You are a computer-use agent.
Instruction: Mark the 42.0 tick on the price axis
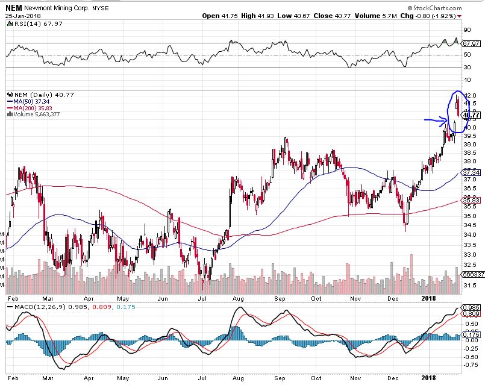click(x=471, y=96)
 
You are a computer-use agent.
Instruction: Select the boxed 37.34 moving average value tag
click(x=471, y=172)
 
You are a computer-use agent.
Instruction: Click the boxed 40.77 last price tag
click(x=471, y=115)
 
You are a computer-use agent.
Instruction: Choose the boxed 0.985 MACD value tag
click(x=471, y=308)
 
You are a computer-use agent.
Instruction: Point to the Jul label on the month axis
click(x=202, y=298)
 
